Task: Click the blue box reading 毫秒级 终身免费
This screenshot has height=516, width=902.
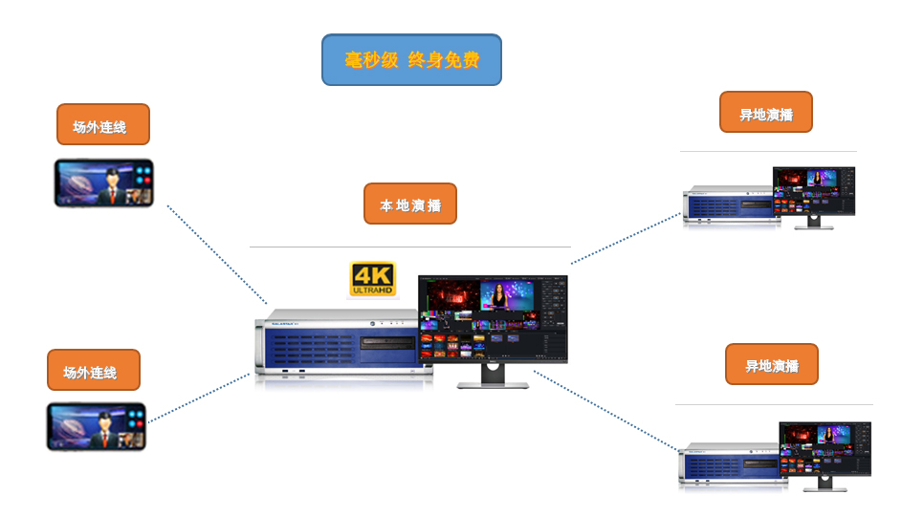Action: pos(411,60)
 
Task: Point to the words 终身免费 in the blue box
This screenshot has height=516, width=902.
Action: pos(443,60)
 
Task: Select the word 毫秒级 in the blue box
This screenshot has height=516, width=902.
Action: pos(371,60)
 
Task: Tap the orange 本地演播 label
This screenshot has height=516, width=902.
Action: pos(410,204)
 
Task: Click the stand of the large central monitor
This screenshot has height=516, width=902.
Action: pos(493,376)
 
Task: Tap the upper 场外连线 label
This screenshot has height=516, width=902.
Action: pos(103,124)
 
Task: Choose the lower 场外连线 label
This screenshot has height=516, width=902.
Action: pos(94,370)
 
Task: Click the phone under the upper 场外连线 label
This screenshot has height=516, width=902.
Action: pos(103,183)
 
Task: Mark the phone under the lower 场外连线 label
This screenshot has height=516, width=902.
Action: pos(96,426)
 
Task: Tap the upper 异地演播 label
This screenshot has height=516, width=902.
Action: pos(765,113)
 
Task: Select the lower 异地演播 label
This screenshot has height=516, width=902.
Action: pos(772,364)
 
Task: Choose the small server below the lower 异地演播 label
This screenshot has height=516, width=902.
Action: pos(732,464)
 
